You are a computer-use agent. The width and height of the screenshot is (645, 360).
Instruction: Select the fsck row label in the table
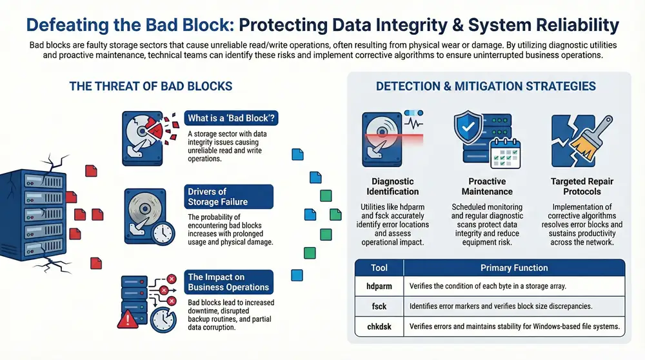pyautogui.click(x=379, y=306)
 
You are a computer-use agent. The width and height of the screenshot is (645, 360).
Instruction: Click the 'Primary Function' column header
pyautogui.click(x=513, y=267)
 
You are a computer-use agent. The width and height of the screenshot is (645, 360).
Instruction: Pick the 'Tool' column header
pyautogui.click(x=379, y=267)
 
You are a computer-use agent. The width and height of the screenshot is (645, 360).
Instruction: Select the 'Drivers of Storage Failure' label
pyautogui.click(x=217, y=197)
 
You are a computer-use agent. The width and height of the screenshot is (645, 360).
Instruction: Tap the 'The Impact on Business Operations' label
pyautogui.click(x=228, y=282)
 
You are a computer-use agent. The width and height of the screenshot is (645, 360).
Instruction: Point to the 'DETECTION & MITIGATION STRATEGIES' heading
pyautogui.click(x=486, y=86)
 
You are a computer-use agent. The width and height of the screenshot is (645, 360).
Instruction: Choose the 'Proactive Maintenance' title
pyautogui.click(x=487, y=186)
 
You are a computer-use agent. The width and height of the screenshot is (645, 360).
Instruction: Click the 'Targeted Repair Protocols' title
pyautogui.click(x=576, y=186)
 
